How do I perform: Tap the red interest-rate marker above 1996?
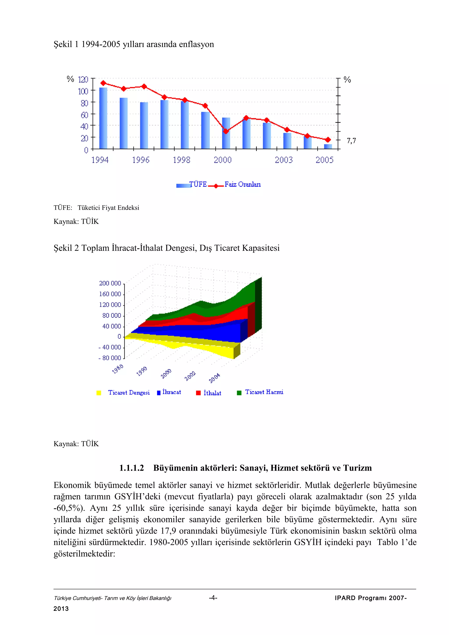click(144, 86)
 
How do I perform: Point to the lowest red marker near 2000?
click(226, 131)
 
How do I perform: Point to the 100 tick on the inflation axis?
click(83, 91)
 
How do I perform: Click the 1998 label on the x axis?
click(182, 160)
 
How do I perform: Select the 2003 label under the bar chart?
click(283, 160)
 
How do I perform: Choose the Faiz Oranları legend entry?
click(242, 184)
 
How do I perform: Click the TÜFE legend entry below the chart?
click(198, 184)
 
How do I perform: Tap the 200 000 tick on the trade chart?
click(110, 283)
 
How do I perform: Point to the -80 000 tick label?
click(110, 358)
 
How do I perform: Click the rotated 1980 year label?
click(118, 369)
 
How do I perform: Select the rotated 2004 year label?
click(214, 378)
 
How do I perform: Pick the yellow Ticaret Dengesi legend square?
click(99, 393)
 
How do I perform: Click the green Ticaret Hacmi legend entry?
click(264, 392)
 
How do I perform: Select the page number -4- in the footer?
click(213, 598)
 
